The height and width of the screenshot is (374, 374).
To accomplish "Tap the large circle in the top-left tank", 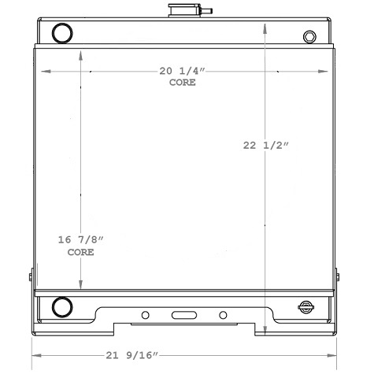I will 61,33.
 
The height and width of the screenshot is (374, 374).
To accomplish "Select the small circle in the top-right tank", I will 309,36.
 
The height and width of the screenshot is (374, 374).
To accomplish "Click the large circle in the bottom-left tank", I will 61,305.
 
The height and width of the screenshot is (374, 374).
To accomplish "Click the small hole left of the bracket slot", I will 145,316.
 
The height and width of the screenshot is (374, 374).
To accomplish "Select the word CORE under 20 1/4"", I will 182,82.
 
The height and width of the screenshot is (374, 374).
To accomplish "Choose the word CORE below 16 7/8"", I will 80,252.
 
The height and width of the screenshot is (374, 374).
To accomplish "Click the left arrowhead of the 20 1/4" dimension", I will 44,71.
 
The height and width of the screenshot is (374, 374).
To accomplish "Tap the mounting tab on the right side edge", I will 338,277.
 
